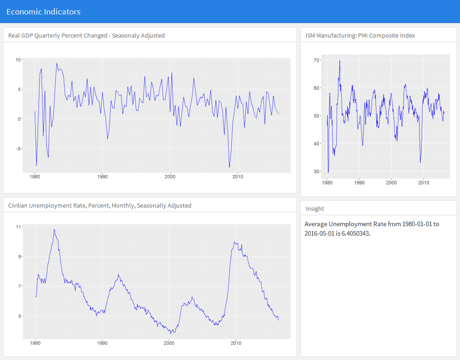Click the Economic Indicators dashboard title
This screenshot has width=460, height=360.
click(x=43, y=12)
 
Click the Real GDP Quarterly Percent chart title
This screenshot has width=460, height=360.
click(x=86, y=35)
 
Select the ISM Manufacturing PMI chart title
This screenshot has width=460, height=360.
click(x=360, y=35)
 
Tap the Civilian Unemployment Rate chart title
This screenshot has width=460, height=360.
click(x=99, y=205)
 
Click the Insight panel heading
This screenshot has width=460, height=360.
click(x=314, y=208)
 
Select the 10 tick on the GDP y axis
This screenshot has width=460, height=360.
click(x=18, y=60)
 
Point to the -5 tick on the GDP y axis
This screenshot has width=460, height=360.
click(x=18, y=149)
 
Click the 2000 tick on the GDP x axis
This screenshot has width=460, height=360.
click(x=170, y=176)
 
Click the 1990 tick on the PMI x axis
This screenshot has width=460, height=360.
click(x=359, y=183)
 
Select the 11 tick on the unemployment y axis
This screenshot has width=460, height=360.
click(x=18, y=227)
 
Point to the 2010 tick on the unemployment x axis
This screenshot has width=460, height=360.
click(x=236, y=343)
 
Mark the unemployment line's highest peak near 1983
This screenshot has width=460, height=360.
click(x=54, y=229)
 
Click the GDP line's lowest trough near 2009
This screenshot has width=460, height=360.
click(x=230, y=167)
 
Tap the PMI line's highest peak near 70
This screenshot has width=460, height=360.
click(x=340, y=61)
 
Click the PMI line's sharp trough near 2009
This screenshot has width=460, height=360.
click(x=420, y=162)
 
